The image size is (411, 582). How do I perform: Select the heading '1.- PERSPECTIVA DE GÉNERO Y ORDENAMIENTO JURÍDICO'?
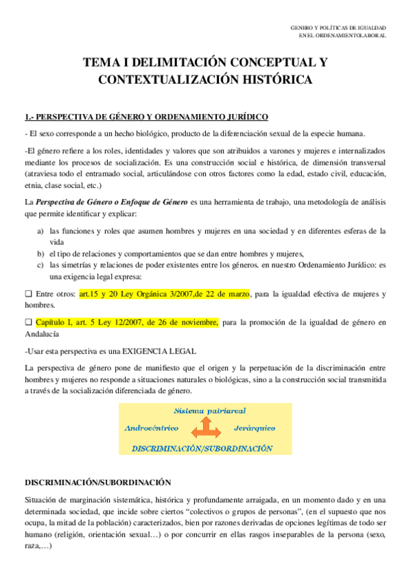click(146, 116)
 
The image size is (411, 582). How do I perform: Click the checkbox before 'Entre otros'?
click(28, 294)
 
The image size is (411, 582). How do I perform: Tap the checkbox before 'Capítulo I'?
click(28, 322)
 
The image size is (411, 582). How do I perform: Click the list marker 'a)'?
click(40, 231)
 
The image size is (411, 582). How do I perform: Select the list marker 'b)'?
click(40, 254)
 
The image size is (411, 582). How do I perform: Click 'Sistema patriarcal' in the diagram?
click(210, 410)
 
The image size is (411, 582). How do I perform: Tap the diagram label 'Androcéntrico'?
click(152, 428)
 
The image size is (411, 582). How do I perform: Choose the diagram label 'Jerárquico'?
click(254, 428)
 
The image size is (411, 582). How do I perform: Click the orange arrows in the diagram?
click(206, 429)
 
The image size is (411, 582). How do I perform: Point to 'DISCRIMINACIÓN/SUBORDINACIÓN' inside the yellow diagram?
click(202, 448)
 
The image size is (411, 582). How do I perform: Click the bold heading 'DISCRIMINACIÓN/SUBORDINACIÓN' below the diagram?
click(97, 482)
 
